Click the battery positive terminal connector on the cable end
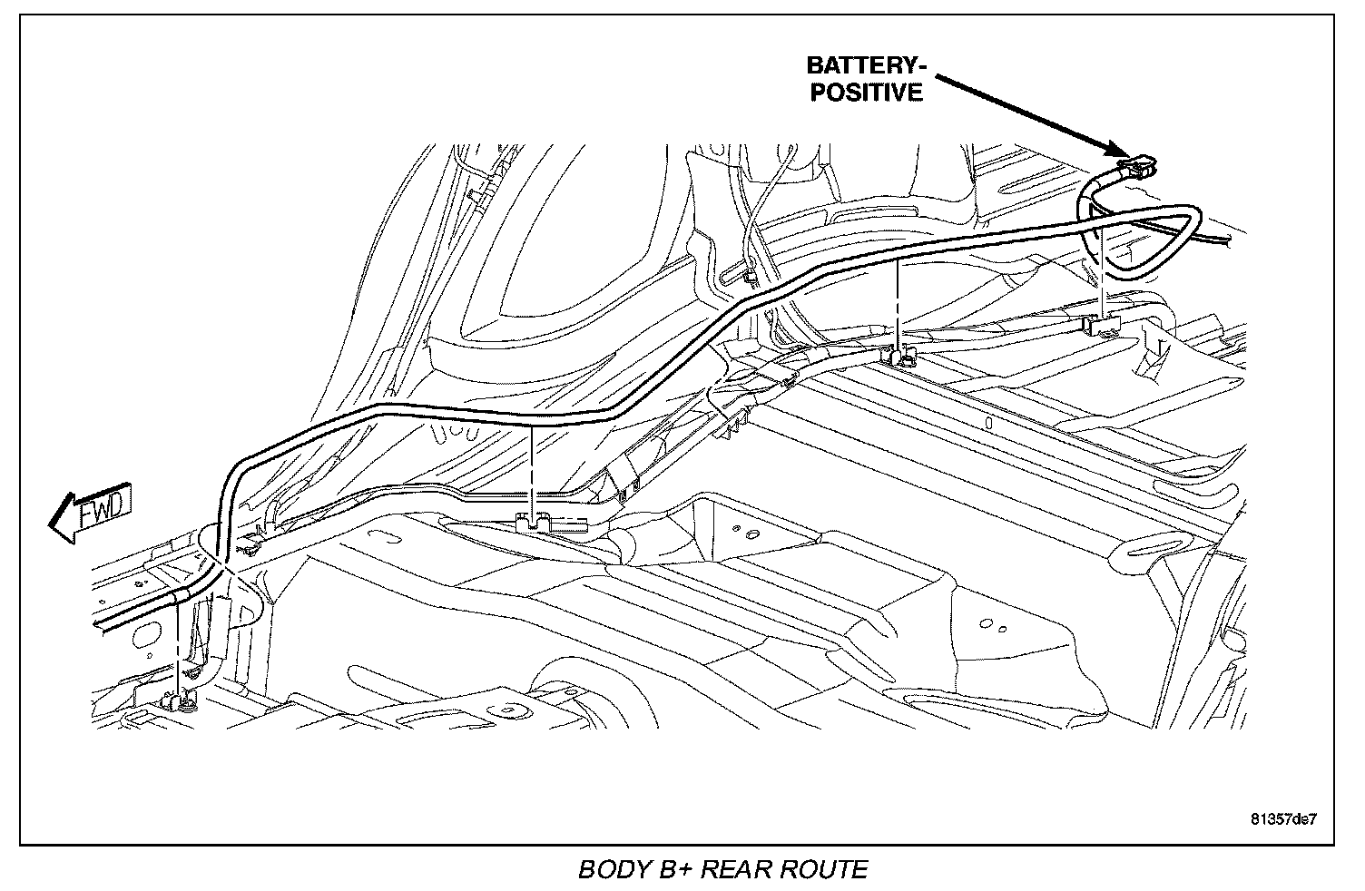coord(1140,167)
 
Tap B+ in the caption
coord(676,869)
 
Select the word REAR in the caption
coord(740,869)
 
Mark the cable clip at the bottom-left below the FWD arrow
coord(178,700)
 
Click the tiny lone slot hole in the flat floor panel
coord(988,423)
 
